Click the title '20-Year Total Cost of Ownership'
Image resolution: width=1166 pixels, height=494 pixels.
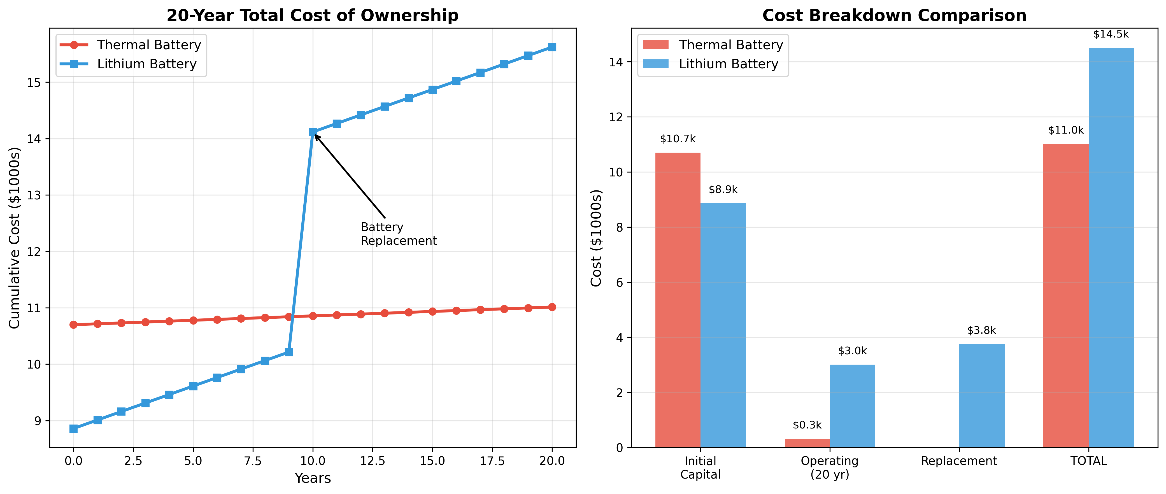point(312,15)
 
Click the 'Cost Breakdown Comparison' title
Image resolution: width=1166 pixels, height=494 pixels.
point(894,15)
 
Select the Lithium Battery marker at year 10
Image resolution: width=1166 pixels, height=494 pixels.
point(313,132)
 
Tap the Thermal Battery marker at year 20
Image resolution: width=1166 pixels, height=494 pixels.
point(552,307)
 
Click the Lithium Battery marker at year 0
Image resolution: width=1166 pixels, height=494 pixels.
point(73,428)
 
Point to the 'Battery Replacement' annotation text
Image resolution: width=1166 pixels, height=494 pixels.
point(398,234)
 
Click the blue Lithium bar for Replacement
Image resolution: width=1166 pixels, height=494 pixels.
point(981,396)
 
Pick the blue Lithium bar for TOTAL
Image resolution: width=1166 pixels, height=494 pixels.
point(1111,248)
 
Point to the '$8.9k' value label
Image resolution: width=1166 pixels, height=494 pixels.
point(723,190)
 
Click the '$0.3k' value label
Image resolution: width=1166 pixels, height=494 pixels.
point(807,425)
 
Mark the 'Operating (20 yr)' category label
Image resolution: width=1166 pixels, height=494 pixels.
point(829,467)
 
